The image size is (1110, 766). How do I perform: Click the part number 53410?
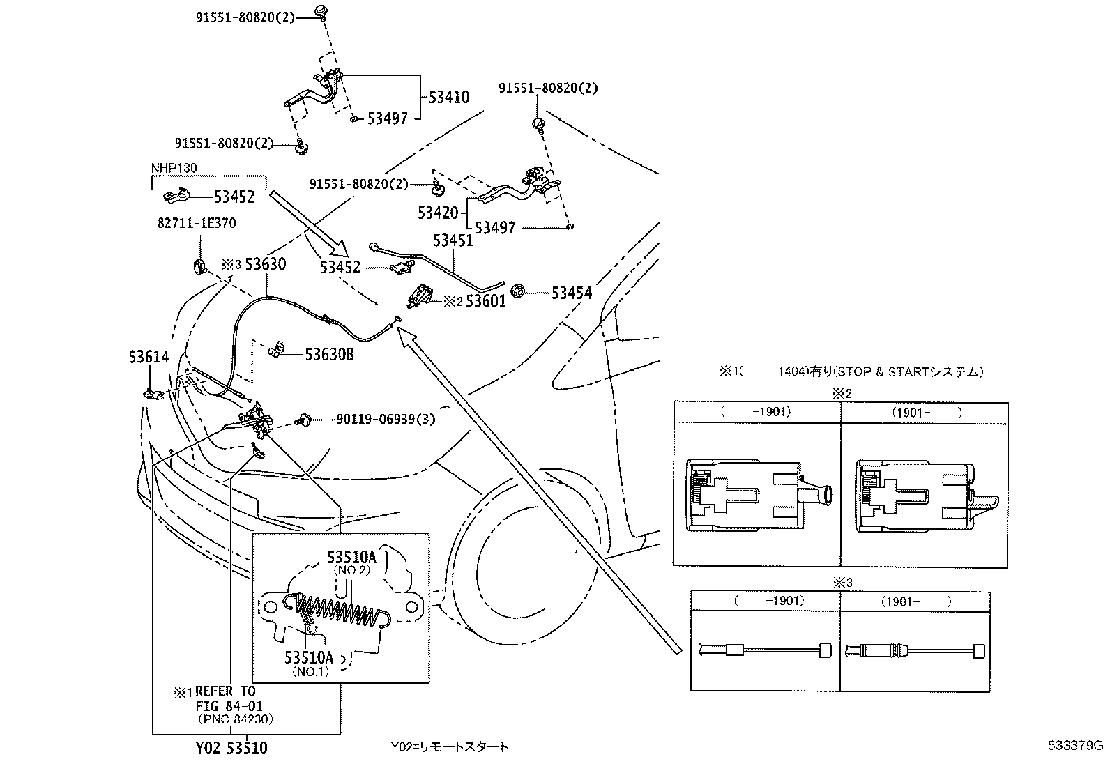[448, 98]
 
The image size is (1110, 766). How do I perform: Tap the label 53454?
[571, 293]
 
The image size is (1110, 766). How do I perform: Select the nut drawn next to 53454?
[518, 290]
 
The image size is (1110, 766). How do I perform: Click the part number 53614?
[149, 357]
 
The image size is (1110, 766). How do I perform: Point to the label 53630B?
[329, 355]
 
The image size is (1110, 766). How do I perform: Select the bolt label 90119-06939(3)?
[386, 419]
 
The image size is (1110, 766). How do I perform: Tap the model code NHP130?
[174, 168]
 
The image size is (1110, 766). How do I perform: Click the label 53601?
[485, 301]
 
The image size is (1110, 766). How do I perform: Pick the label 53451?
[453, 240]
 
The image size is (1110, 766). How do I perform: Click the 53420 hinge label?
[438, 213]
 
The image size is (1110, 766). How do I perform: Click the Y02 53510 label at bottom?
[231, 749]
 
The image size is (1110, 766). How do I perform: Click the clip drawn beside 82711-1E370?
[199, 266]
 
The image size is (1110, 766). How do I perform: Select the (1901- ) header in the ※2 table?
[926, 412]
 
